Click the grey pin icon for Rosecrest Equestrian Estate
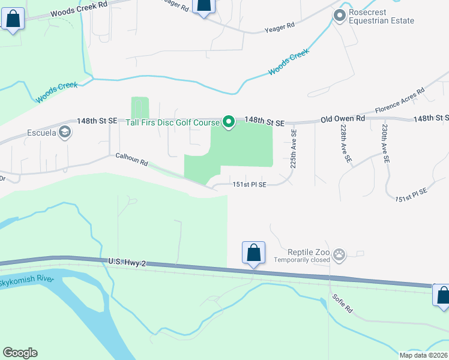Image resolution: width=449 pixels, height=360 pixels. pyautogui.click(x=340, y=16)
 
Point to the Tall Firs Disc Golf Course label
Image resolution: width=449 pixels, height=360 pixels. pyautogui.click(x=172, y=122)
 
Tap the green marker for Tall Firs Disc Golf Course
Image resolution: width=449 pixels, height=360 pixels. pyautogui.click(x=229, y=122)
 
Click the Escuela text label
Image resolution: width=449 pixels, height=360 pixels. pyautogui.click(x=41, y=133)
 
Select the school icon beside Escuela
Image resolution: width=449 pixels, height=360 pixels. pyautogui.click(x=65, y=133)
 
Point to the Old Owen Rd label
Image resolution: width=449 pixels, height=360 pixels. pyautogui.click(x=343, y=119)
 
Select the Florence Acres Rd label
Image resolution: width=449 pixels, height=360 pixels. pyautogui.click(x=400, y=101)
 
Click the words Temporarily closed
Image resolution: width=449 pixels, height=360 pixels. pyautogui.click(x=302, y=260)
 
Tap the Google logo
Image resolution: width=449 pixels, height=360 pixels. pyautogui.click(x=20, y=352)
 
